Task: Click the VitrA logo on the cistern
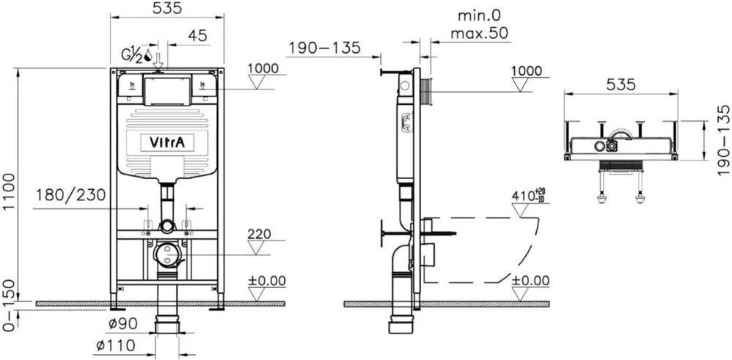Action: point(167,142)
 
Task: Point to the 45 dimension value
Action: point(197,35)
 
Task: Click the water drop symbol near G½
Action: point(147,55)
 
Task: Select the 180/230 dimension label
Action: point(71,195)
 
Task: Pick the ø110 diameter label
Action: point(115,346)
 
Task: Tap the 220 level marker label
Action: point(260,234)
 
